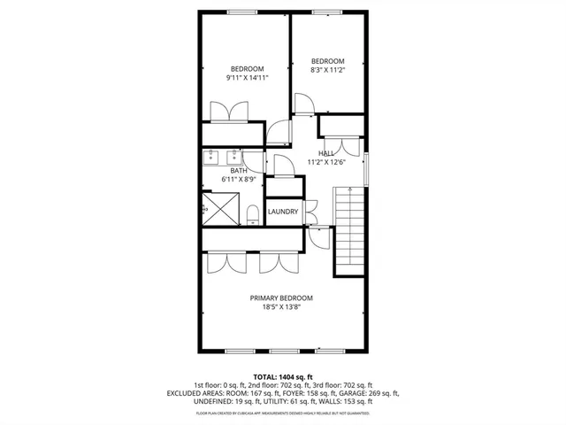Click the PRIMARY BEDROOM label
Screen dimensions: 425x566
[x=281, y=298]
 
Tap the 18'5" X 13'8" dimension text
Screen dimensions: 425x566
[x=281, y=308]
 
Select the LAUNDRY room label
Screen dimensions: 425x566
[x=283, y=212]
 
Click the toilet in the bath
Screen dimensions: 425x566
[x=253, y=213]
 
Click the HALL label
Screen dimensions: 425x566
[x=326, y=153]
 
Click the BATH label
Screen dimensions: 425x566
[x=239, y=171]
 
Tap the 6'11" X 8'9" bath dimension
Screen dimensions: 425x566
[x=239, y=180]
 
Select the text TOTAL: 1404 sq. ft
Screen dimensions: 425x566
[x=282, y=376]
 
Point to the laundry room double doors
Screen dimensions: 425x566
[x=310, y=212]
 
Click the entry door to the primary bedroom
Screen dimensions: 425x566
[x=317, y=235]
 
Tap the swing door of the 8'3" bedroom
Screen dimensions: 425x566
[x=302, y=104]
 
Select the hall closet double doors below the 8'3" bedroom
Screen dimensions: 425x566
[x=340, y=146]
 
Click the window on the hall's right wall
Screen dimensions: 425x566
[x=366, y=169]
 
